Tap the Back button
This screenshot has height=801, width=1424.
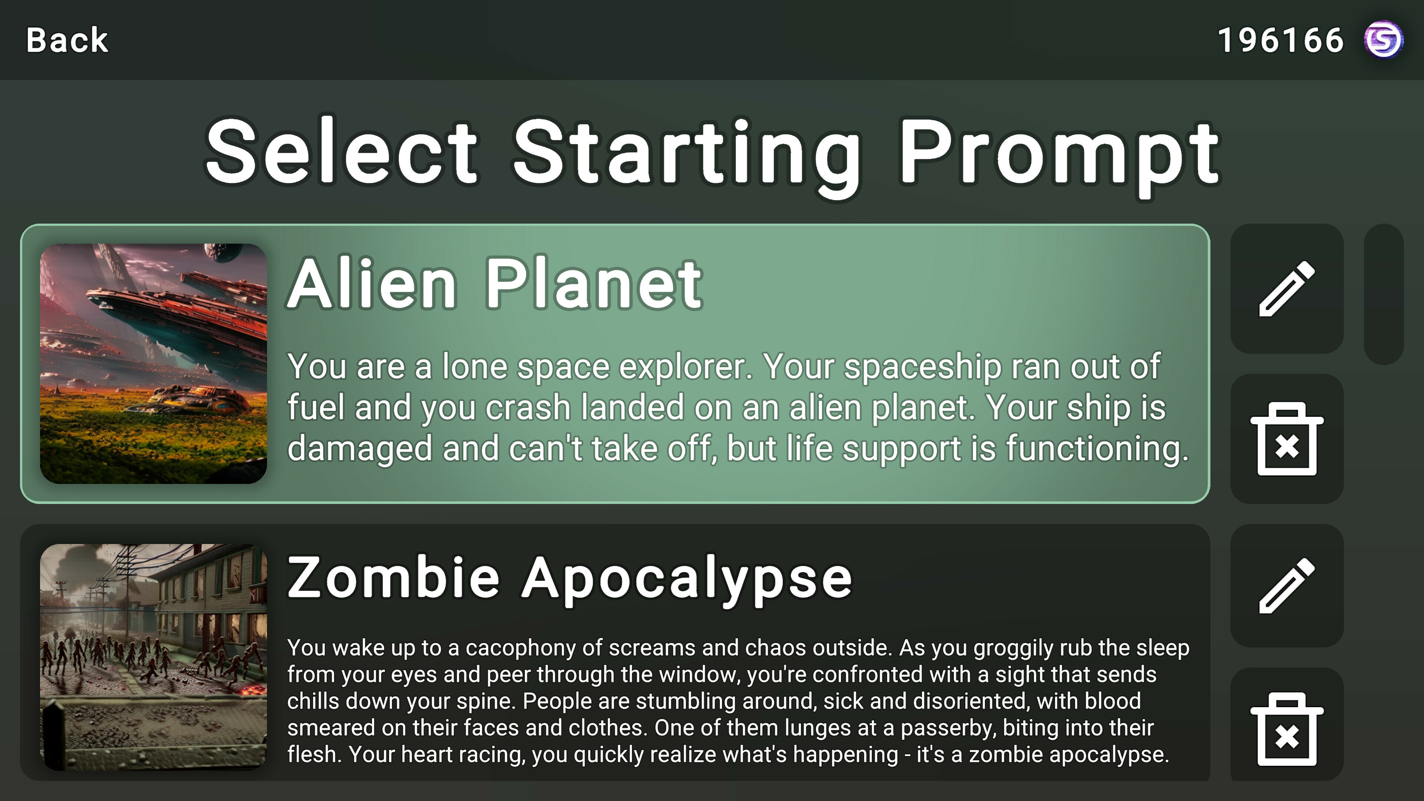tap(67, 40)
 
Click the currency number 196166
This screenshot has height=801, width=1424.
tap(1280, 40)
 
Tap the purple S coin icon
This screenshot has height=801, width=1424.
tap(1383, 40)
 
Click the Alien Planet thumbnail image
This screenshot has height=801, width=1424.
tap(153, 363)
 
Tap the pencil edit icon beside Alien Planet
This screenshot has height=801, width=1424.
tap(1286, 289)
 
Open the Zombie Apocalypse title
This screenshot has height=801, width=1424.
tap(569, 578)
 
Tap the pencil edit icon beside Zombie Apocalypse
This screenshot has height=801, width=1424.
tap(1286, 586)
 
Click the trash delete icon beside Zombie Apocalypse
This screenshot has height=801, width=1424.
tap(1286, 729)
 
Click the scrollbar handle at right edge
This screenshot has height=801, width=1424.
tap(1383, 294)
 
